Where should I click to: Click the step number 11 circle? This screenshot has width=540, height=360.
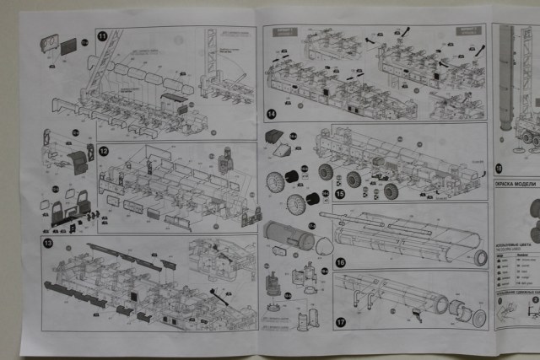tap(102, 36)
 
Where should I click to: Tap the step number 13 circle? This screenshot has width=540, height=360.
tap(48, 244)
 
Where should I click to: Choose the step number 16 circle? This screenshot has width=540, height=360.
tap(340, 262)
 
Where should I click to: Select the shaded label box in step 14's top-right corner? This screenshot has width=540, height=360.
tap(467, 31)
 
